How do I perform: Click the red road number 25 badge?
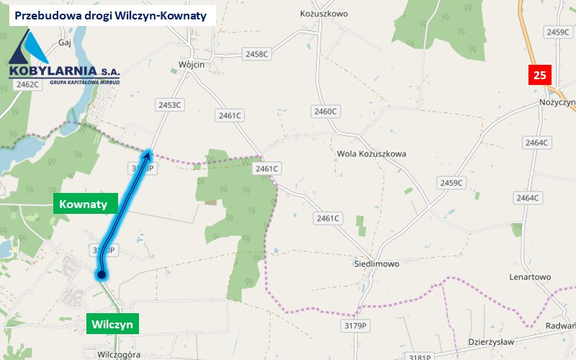539,74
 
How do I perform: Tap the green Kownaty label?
84,204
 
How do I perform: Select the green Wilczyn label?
112,324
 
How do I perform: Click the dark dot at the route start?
102,274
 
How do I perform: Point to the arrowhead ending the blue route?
148,152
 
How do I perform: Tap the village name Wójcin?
191,65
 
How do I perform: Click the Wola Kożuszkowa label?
372,154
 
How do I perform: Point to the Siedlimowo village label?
376,264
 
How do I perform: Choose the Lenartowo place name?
529,277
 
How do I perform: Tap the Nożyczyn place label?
557,103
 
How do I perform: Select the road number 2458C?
256,54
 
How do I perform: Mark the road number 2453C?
170,105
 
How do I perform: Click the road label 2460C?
325,111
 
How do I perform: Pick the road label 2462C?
26,84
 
